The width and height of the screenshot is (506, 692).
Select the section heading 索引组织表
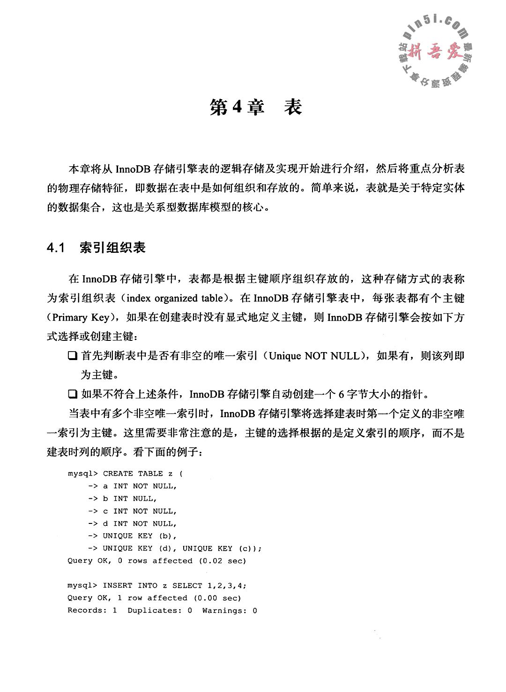[x=112, y=248]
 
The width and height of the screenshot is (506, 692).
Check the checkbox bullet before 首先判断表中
[x=72, y=356]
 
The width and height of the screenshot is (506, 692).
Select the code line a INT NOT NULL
[x=140, y=486]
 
